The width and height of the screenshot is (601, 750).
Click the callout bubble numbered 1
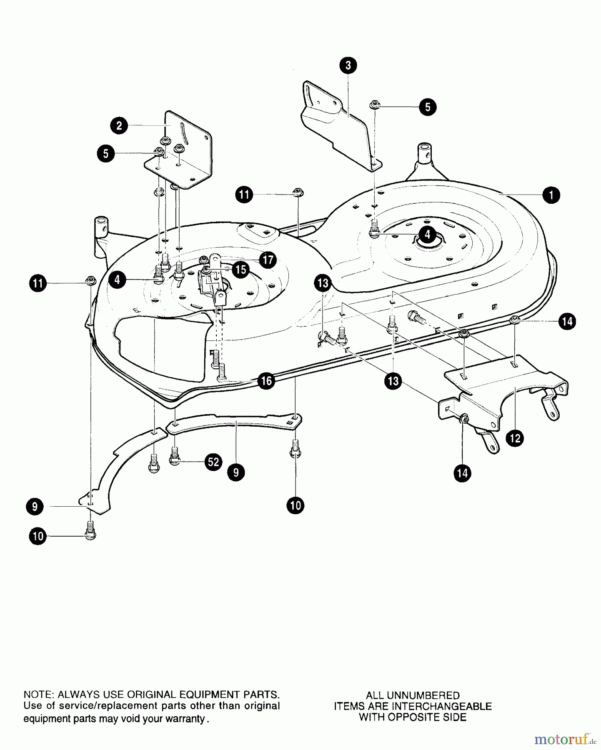(551, 195)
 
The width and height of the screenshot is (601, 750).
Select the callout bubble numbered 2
(119, 125)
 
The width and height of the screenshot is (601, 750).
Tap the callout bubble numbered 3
(348, 65)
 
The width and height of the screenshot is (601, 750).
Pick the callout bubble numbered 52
(213, 462)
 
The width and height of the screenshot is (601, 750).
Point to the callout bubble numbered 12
(515, 438)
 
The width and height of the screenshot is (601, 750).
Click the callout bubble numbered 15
(240, 270)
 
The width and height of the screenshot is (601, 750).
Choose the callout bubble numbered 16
(265, 380)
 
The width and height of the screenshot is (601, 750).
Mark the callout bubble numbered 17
(268, 260)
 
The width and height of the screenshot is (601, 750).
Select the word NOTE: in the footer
(38, 695)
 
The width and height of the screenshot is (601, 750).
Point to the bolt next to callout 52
(175, 457)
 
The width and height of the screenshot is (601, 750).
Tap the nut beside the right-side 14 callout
(516, 320)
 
